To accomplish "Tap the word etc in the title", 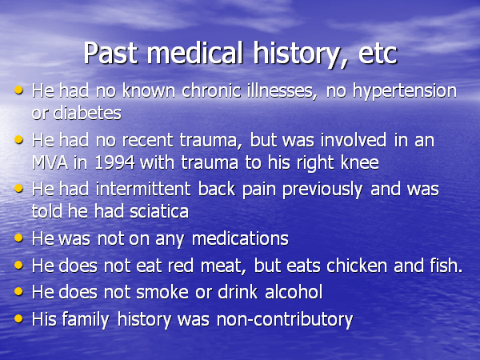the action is (377, 54).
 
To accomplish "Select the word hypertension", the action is (404, 92).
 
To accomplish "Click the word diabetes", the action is (87, 113).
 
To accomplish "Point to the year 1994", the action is (115, 162).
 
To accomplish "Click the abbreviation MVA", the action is (50, 162).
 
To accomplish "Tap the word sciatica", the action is (159, 211).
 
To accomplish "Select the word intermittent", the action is (143, 189).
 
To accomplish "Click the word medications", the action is (240, 238).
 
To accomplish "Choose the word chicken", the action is (357, 266).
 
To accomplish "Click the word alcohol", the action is (294, 292).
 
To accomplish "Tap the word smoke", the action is (162, 292).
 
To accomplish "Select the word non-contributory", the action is (285, 320).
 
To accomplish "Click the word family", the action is (86, 320).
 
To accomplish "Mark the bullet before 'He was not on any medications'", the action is (18, 238).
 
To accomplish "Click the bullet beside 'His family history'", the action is (18, 318).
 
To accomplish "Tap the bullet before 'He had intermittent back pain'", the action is (18, 188).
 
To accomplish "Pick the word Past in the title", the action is (110, 54).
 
